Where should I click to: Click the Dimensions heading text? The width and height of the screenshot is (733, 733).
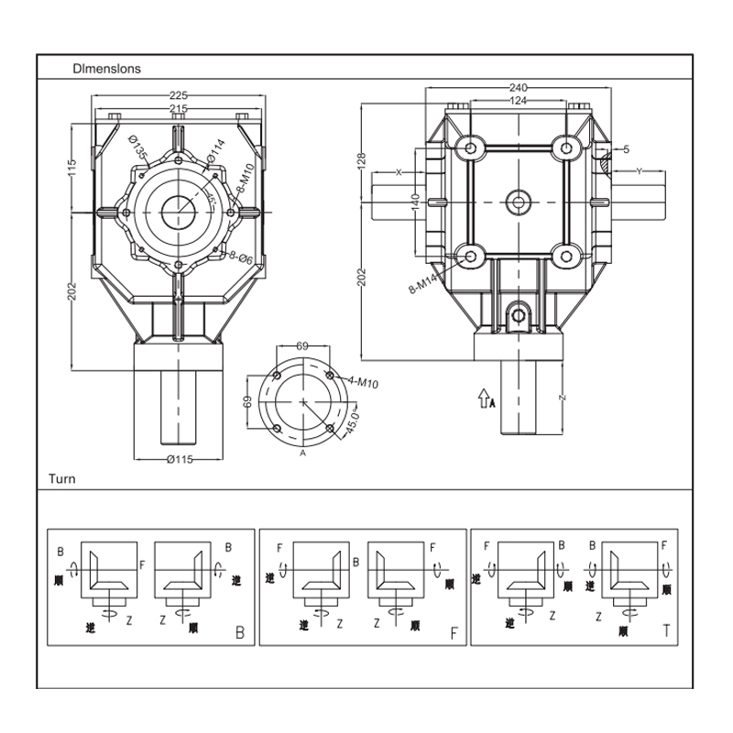click(x=106, y=69)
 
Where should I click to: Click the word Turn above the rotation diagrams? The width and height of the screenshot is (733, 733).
click(x=61, y=478)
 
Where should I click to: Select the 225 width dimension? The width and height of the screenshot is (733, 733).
click(x=178, y=95)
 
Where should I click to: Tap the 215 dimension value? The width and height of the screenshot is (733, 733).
click(x=178, y=108)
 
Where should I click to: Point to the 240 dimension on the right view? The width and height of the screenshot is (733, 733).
click(x=518, y=87)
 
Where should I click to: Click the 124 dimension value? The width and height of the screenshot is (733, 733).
click(x=518, y=100)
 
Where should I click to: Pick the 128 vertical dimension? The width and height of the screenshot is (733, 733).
click(x=362, y=162)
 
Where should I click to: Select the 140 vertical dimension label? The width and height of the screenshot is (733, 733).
click(x=416, y=202)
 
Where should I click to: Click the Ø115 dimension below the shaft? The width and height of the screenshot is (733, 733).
click(x=180, y=459)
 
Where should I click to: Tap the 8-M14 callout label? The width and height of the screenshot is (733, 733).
click(x=422, y=284)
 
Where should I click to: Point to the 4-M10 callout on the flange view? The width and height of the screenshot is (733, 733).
click(x=363, y=382)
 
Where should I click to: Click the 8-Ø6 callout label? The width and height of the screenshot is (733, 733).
click(x=241, y=257)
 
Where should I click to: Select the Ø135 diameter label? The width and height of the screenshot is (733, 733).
click(x=138, y=147)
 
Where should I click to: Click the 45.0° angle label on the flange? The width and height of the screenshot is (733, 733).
click(x=353, y=421)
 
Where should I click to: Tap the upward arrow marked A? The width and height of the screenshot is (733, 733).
click(x=484, y=399)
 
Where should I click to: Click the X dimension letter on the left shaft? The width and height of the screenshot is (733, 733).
click(x=399, y=172)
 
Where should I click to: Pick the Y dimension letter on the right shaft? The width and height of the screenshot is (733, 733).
click(x=639, y=171)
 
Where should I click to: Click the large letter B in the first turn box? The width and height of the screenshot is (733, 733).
click(x=240, y=632)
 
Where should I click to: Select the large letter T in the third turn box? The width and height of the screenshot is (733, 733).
click(x=667, y=630)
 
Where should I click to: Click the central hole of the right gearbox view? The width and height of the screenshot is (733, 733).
click(x=518, y=202)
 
